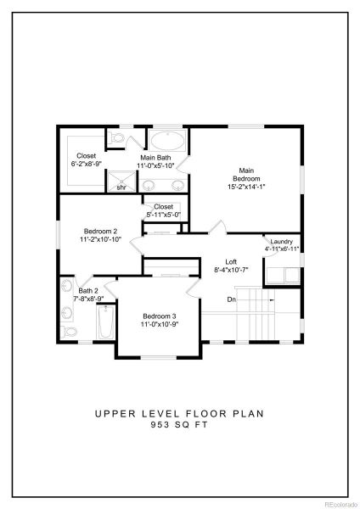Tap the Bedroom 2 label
(x=100, y=231)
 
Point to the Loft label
(x=231, y=262)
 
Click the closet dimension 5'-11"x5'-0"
(x=162, y=215)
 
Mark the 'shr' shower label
(x=121, y=187)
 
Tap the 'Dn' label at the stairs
(x=231, y=299)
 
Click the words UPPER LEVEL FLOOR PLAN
(x=180, y=415)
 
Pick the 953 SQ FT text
(x=180, y=426)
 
